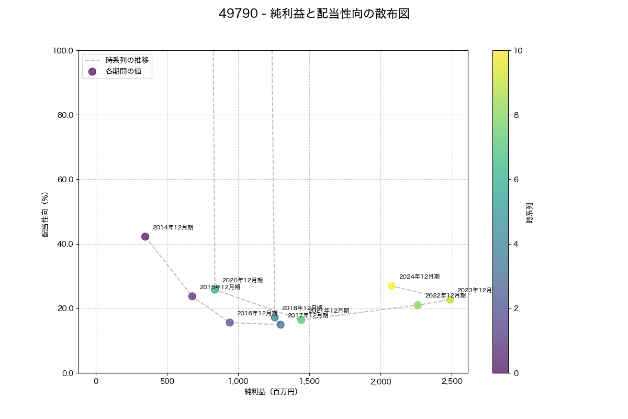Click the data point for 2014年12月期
145,237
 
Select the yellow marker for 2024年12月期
391,286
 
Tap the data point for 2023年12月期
450,300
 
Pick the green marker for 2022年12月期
418,305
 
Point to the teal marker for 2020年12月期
215,290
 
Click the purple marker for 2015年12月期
192,296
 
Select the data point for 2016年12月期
230,323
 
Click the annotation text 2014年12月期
173,227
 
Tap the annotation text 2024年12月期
419,277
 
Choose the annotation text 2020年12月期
242,280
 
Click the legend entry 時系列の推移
127,60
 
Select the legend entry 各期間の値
124,72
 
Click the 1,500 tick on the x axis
309,381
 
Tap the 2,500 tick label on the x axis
452,381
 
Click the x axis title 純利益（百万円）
271,392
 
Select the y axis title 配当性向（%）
46,214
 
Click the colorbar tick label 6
519,180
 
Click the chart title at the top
314,14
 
